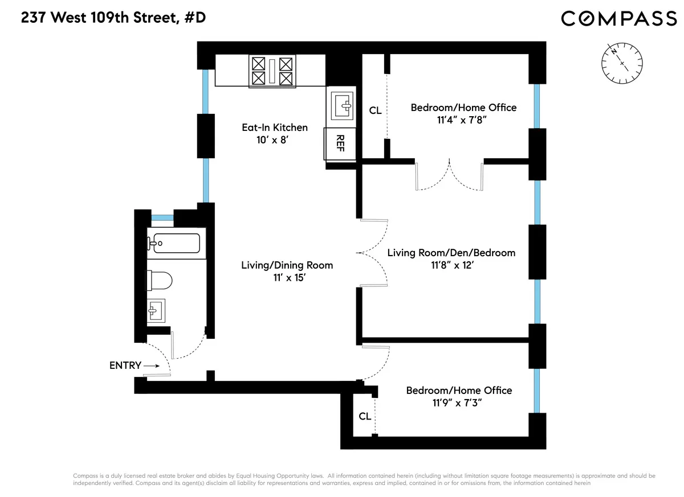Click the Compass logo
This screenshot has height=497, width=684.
(619, 19)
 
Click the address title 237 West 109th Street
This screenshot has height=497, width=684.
(113, 18)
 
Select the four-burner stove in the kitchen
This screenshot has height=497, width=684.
(272, 71)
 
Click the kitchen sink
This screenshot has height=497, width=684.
(341, 105)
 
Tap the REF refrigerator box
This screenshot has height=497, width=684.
(340, 143)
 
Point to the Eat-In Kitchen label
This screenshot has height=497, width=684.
(275, 128)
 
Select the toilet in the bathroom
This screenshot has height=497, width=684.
(159, 281)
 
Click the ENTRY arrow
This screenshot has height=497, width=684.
(152, 366)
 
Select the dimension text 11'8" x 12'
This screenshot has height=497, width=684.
(450, 265)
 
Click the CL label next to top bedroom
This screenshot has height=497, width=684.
(375, 110)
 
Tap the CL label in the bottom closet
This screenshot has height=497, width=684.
(365, 416)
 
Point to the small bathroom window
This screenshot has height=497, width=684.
(162, 217)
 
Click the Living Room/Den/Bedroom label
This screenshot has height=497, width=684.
(451, 253)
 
